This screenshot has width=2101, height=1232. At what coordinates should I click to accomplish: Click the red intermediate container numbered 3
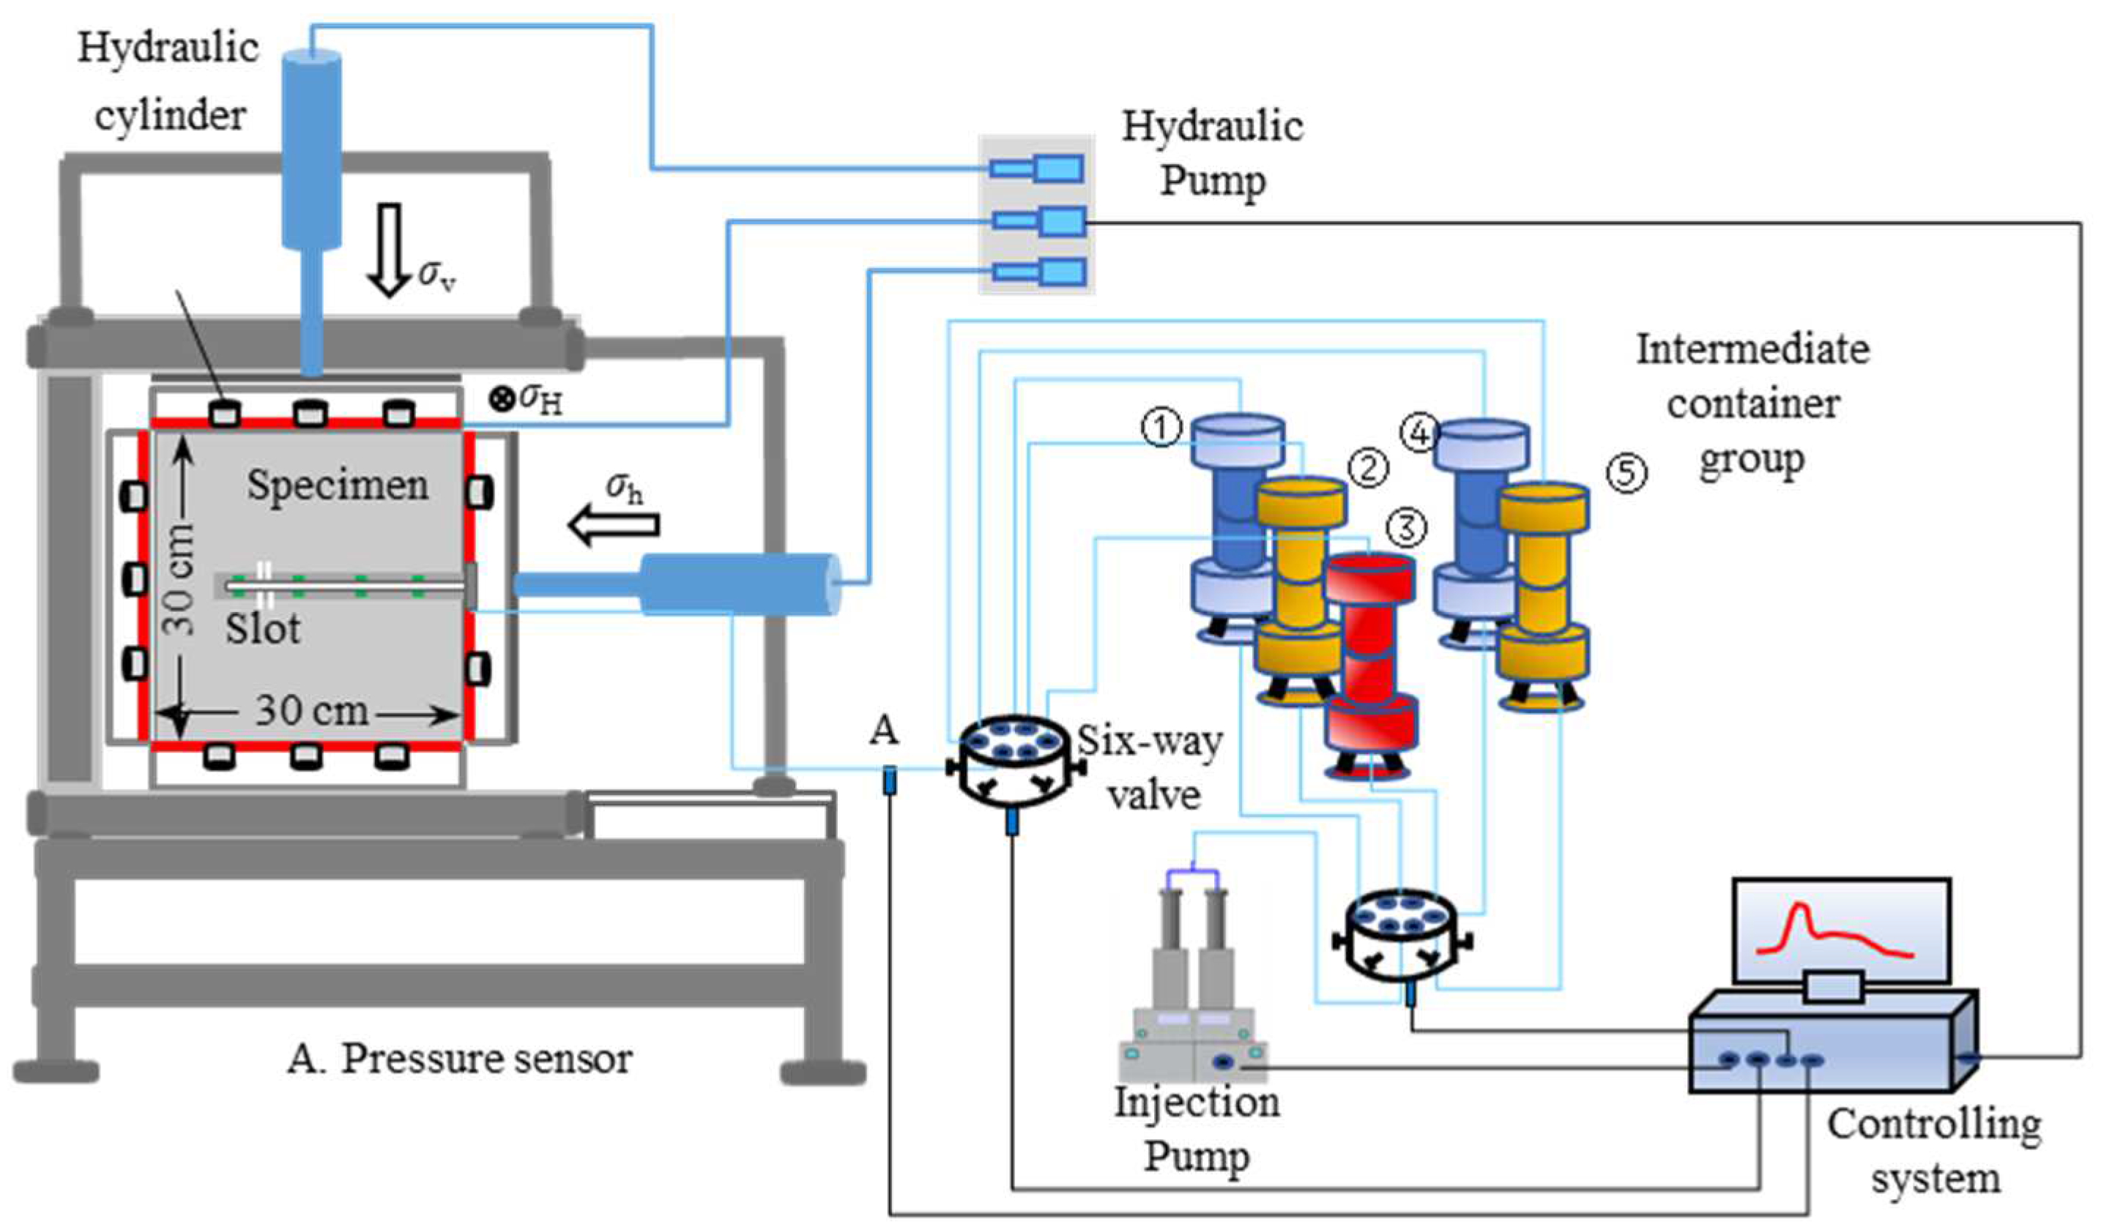[x=1370, y=662]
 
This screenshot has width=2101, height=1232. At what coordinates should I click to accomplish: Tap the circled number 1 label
[x=1161, y=428]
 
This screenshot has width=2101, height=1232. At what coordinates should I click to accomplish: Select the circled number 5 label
[x=1626, y=474]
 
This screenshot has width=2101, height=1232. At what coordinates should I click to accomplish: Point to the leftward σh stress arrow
[x=614, y=525]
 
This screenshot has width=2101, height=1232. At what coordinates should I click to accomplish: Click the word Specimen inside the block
[x=338, y=485]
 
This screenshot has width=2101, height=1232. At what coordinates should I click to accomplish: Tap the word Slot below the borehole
[x=263, y=629]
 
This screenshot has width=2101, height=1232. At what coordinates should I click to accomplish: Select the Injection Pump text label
[x=1197, y=1129]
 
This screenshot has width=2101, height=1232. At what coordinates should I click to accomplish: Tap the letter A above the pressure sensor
[x=884, y=731]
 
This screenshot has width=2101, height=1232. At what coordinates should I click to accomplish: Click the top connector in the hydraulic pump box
[x=1037, y=169]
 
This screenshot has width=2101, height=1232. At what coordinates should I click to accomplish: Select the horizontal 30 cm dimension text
[x=311, y=711]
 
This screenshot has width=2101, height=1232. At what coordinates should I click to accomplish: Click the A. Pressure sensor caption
[x=459, y=1059]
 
